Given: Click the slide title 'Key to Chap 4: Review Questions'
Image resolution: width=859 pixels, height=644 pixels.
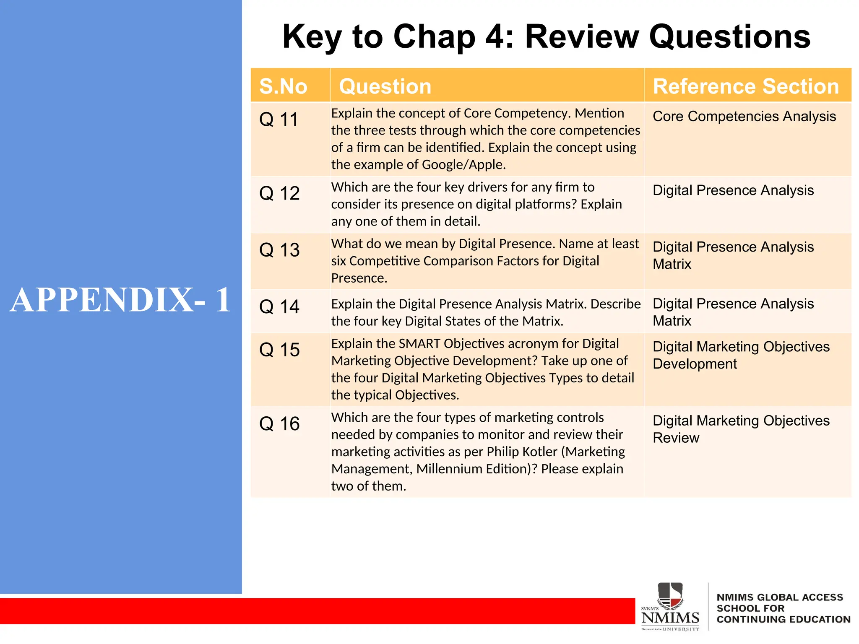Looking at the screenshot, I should (x=546, y=37).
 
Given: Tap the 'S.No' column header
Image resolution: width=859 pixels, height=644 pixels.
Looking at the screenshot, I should (x=283, y=86).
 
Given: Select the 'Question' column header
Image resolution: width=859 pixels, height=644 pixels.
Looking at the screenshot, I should (x=385, y=86).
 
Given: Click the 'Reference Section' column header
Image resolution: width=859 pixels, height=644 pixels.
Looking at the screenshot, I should (x=745, y=86).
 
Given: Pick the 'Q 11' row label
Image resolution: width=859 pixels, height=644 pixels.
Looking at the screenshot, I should (x=279, y=119).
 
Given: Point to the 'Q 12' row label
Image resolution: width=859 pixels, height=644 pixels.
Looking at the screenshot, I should (x=279, y=193).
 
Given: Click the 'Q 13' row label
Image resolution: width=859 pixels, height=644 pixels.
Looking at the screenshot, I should (x=279, y=250).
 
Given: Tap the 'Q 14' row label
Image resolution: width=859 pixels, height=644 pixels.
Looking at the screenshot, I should (x=279, y=307).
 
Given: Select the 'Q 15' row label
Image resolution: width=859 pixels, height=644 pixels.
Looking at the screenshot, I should (x=279, y=350).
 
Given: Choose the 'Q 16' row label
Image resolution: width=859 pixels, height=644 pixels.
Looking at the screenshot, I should (x=279, y=424).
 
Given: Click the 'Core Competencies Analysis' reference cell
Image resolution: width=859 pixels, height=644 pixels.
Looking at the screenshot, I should (x=744, y=117).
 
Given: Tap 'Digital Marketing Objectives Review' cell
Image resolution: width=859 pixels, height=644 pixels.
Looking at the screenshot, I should (x=741, y=429).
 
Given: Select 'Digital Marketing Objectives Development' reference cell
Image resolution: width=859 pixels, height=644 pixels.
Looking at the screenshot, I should (x=741, y=355).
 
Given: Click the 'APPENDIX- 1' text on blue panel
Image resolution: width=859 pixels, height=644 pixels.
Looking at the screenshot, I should (x=120, y=300).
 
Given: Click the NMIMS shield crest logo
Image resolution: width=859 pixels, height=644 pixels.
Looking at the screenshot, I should (x=670, y=596).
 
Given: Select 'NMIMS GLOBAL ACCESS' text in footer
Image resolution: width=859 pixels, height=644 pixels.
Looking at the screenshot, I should (x=779, y=597).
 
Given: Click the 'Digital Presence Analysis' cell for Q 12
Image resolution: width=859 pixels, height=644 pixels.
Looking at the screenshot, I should (x=733, y=190).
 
